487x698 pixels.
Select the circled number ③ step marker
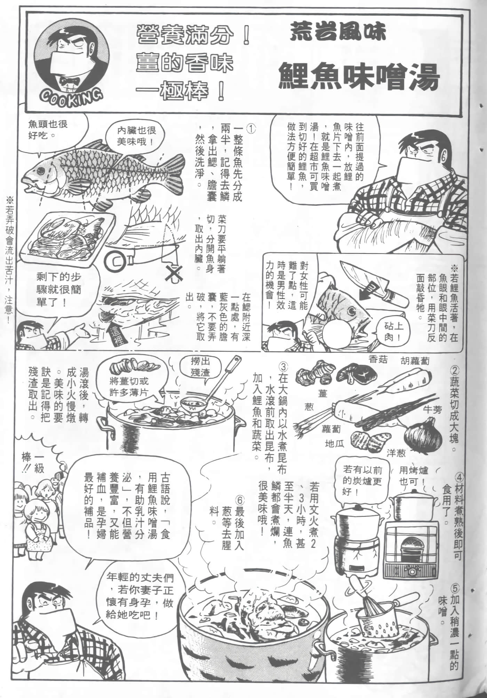pos(284,366)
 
